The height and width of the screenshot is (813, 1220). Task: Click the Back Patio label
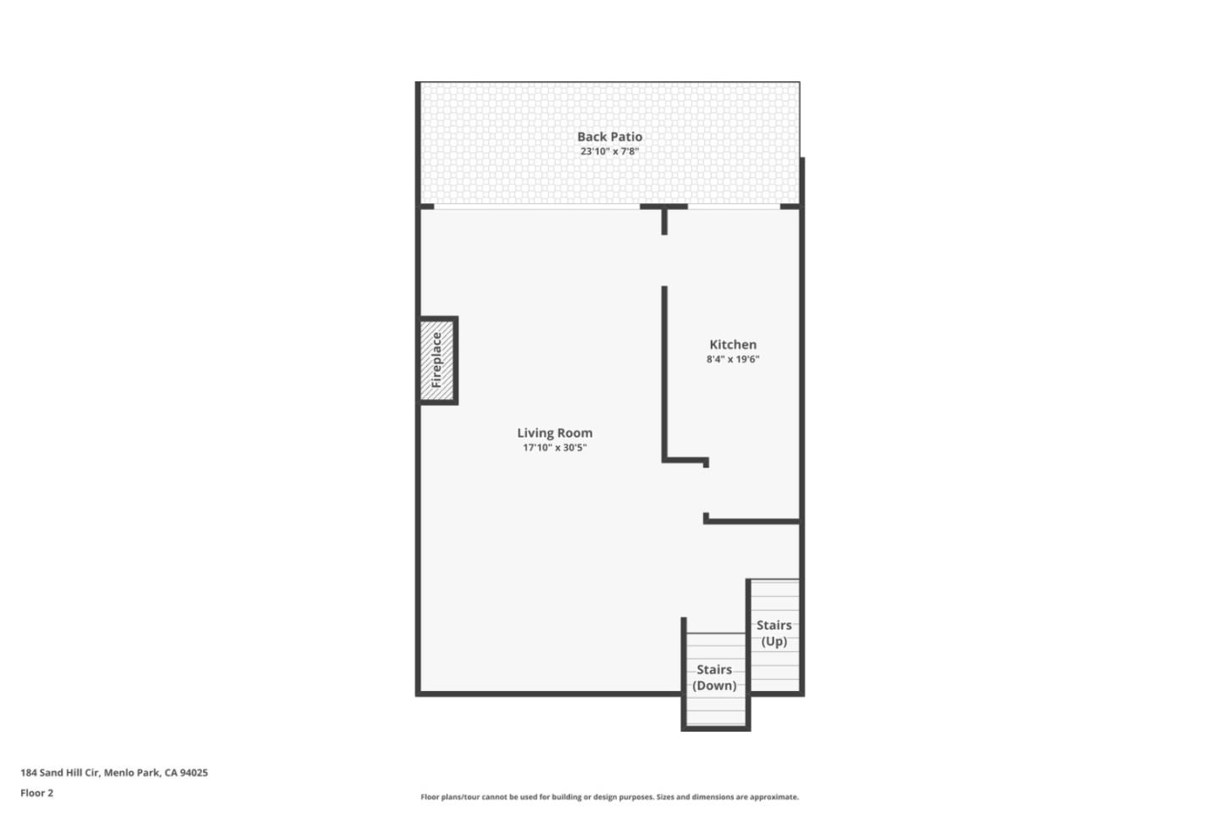[x=609, y=136]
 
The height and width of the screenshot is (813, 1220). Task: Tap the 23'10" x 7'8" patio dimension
[x=609, y=152]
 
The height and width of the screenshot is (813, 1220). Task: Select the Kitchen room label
[x=733, y=345]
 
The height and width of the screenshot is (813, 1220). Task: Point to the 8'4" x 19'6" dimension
[x=733, y=359]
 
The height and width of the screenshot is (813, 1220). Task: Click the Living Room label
[x=555, y=433]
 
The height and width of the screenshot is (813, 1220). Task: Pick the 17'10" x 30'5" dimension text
[x=555, y=448]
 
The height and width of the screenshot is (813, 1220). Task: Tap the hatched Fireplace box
[x=439, y=361]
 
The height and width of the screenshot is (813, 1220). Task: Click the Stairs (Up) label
[x=774, y=633]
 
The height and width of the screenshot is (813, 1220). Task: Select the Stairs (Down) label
[x=714, y=677]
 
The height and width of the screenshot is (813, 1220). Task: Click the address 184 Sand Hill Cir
[x=60, y=772]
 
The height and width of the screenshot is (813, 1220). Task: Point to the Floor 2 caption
[x=36, y=794]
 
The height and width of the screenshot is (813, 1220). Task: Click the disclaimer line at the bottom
[x=609, y=797]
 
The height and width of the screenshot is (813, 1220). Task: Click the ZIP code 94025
[x=194, y=772]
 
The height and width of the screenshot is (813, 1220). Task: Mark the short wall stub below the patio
[x=664, y=220]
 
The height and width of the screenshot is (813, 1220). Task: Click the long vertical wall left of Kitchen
[x=664, y=373]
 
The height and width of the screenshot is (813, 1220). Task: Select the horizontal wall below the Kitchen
[x=752, y=521]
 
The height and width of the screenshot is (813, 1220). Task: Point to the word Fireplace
[x=437, y=360]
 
